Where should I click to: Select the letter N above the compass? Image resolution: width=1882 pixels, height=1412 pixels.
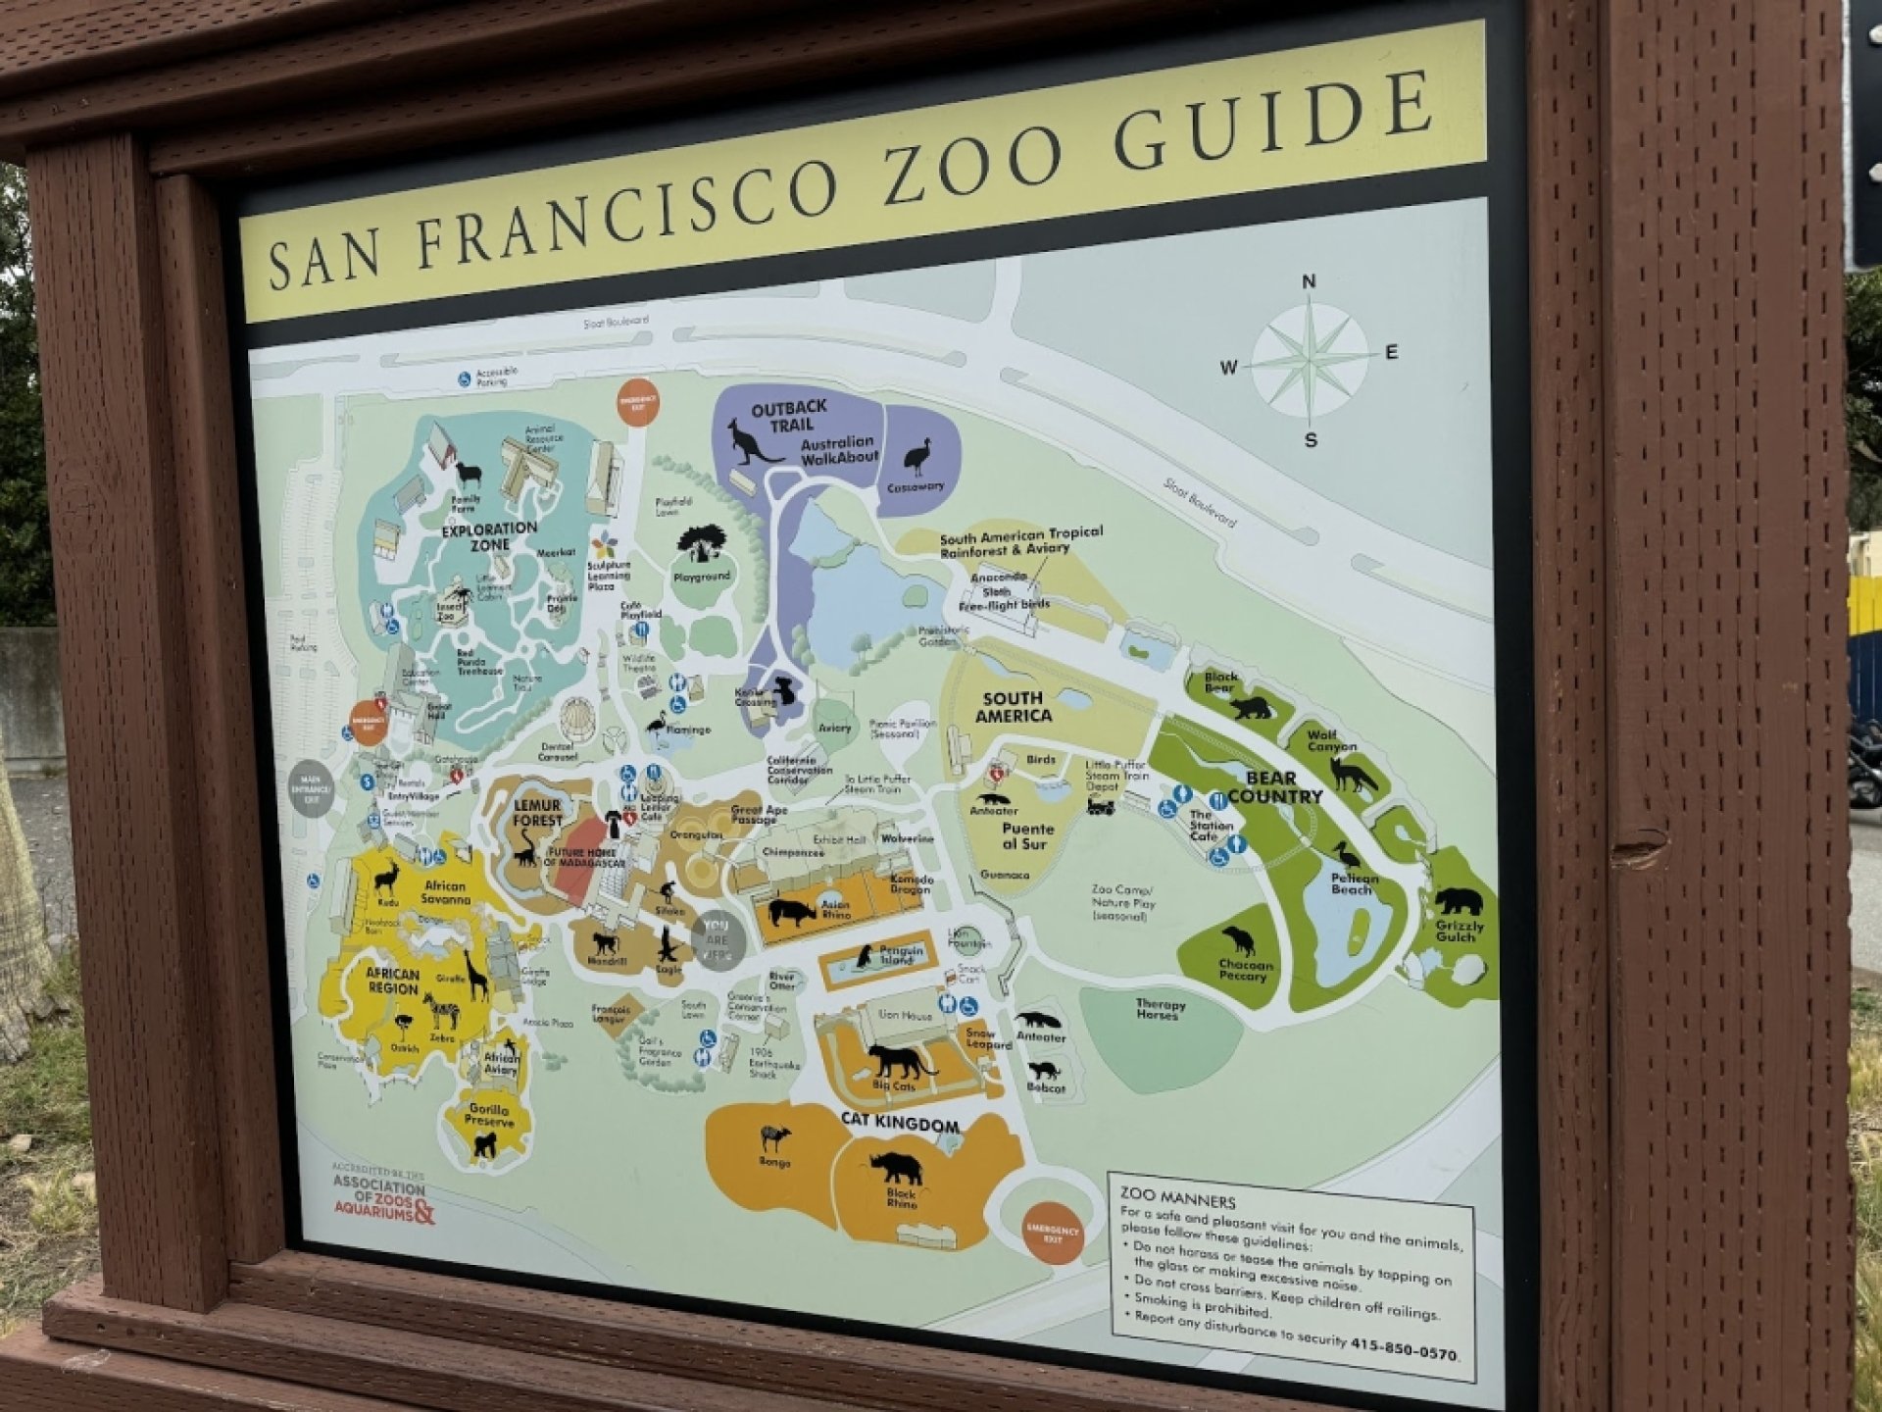point(1309,282)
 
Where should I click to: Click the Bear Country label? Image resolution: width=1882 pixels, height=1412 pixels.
point(1273,786)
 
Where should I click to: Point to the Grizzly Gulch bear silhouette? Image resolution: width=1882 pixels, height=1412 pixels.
point(1459,900)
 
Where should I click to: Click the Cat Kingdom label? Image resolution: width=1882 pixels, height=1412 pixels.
point(900,1123)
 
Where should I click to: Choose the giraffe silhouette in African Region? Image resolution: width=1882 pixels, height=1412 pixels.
point(475,976)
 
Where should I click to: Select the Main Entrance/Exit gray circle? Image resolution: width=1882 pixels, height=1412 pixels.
point(312,787)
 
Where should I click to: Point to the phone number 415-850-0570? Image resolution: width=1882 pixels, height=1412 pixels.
point(1403,1349)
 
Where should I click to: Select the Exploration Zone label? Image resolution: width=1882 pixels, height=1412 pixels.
point(489,535)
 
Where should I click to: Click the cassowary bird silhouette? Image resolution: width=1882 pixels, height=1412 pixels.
point(917,456)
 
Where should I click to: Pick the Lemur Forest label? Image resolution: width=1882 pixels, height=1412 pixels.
point(537,812)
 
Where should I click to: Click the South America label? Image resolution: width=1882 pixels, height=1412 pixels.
point(1014,707)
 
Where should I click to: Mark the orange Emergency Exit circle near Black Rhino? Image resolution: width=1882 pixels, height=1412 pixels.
point(1053,1232)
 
